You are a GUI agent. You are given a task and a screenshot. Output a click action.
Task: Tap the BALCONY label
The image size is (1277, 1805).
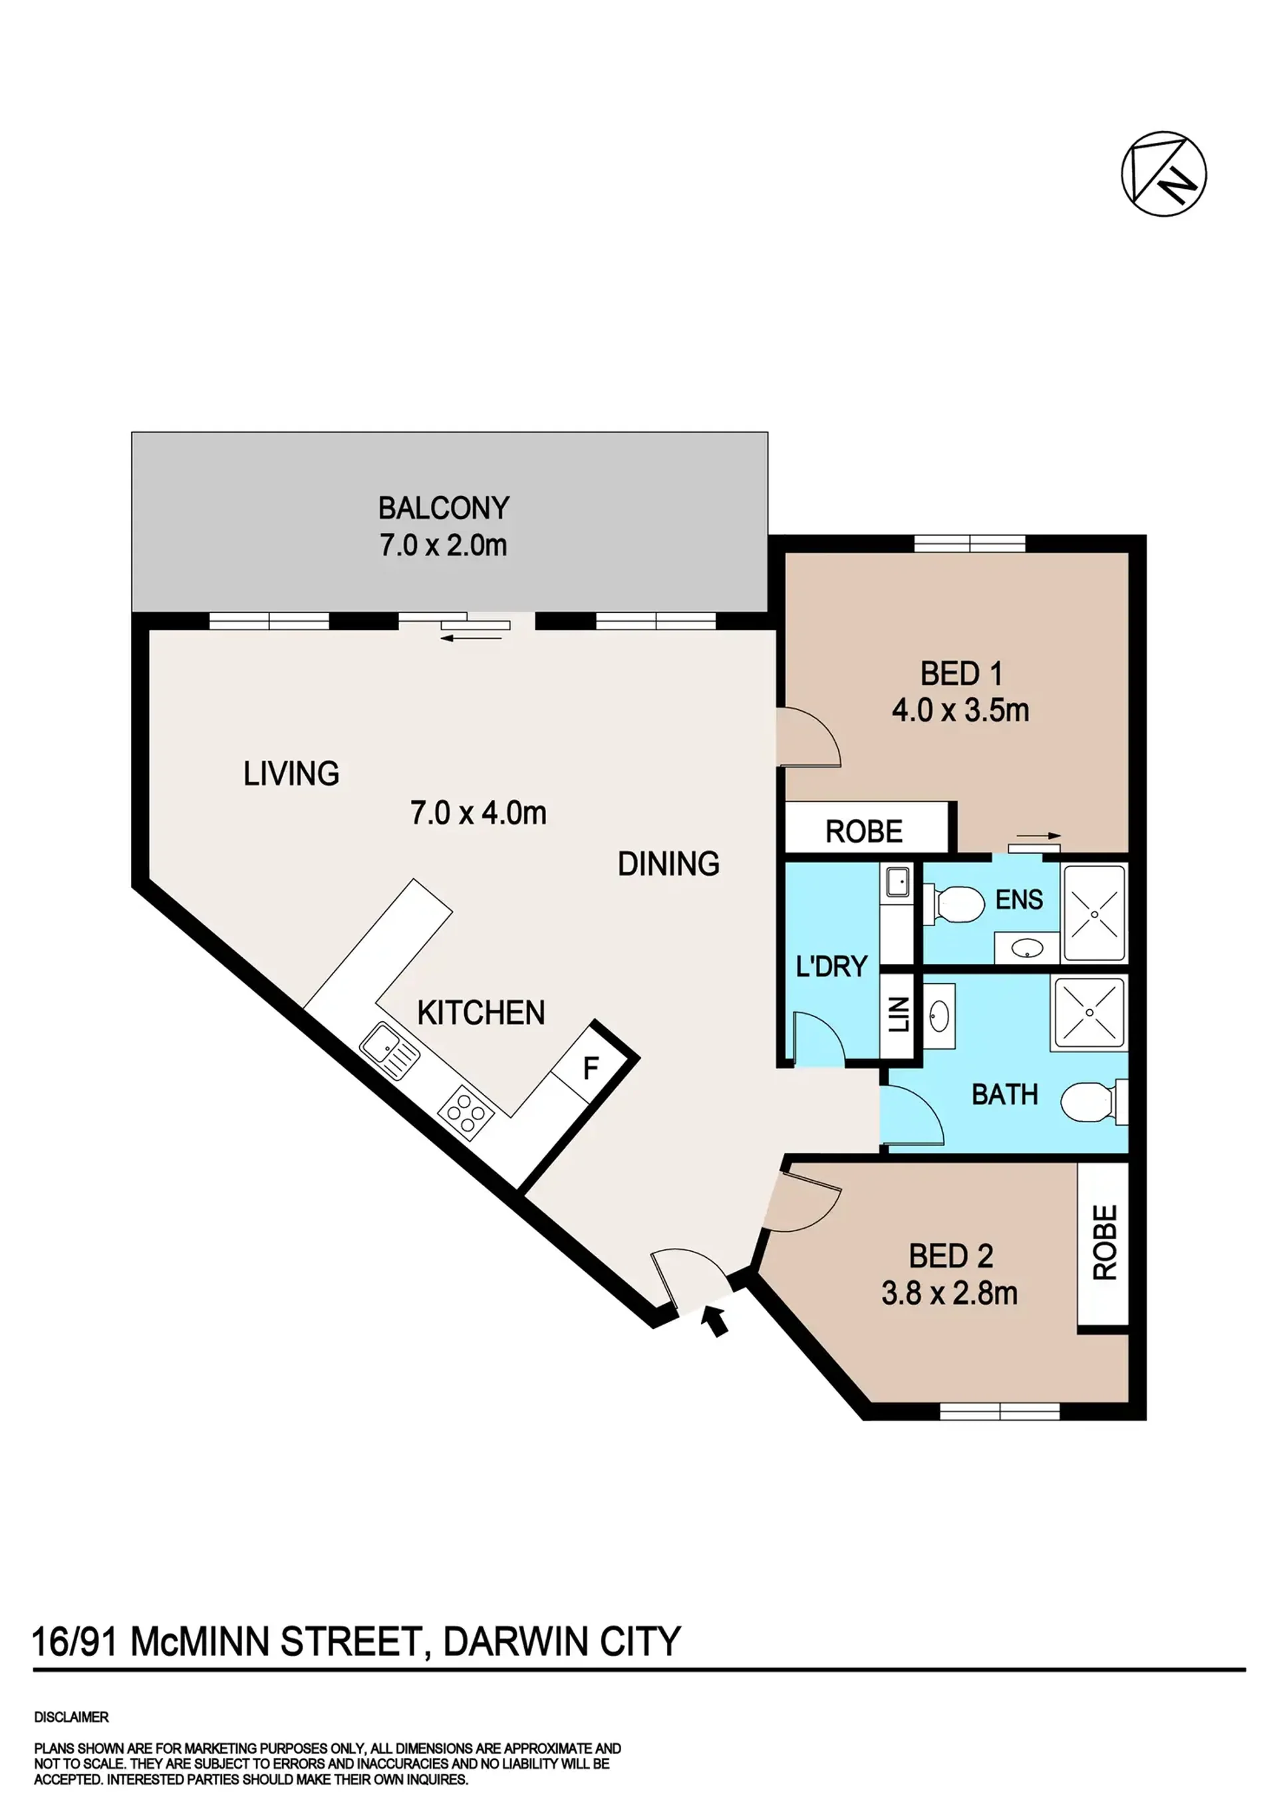444,508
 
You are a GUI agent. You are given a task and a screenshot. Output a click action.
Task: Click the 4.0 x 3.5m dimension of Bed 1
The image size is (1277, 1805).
960,711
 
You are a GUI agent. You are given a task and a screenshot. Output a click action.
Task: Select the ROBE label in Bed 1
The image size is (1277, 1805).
864,831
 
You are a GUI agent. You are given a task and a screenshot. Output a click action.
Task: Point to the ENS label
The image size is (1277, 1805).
1019,900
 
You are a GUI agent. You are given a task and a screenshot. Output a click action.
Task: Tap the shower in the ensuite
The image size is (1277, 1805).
1095,913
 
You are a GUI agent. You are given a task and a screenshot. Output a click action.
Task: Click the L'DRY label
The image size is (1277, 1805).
831,966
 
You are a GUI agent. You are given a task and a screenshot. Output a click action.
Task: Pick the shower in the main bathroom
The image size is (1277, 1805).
1091,1013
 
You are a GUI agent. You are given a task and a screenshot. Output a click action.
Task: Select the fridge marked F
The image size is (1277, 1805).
591,1068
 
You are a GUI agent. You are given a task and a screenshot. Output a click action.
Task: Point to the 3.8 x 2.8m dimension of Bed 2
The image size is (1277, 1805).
949,1293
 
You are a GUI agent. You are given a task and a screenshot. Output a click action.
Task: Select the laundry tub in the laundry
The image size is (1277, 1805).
897,882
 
